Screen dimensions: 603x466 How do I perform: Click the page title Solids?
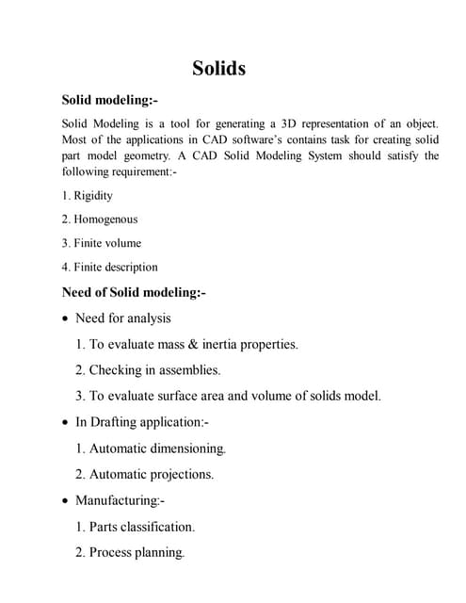click(x=219, y=68)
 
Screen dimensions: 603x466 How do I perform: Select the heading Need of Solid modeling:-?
click(x=133, y=292)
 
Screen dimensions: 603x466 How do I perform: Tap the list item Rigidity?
click(x=92, y=195)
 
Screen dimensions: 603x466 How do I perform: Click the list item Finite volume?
click(x=107, y=243)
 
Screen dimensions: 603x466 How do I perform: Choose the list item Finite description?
click(x=116, y=267)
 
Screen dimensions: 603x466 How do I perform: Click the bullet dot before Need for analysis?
click(x=65, y=318)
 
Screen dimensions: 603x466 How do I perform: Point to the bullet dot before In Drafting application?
click(x=65, y=423)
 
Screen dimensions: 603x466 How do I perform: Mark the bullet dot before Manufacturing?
click(x=65, y=501)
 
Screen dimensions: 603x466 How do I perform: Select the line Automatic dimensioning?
click(x=151, y=448)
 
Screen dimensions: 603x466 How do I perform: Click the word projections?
click(x=181, y=474)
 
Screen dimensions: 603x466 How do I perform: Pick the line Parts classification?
click(x=135, y=527)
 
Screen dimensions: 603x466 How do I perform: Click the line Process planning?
click(x=129, y=552)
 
